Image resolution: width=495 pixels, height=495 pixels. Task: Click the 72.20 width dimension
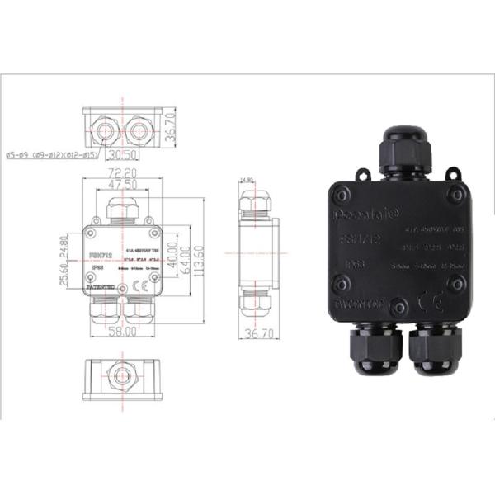[123, 173]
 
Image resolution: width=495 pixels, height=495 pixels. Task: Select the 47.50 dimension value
[123, 185]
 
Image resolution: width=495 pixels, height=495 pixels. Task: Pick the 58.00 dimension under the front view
[123, 332]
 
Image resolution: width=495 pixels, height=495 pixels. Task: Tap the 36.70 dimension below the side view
[259, 333]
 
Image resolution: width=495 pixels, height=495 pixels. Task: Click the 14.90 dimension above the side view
[245, 179]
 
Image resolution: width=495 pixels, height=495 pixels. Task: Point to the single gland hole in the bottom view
[122, 377]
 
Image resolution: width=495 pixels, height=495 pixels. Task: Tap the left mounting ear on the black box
[361, 174]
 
